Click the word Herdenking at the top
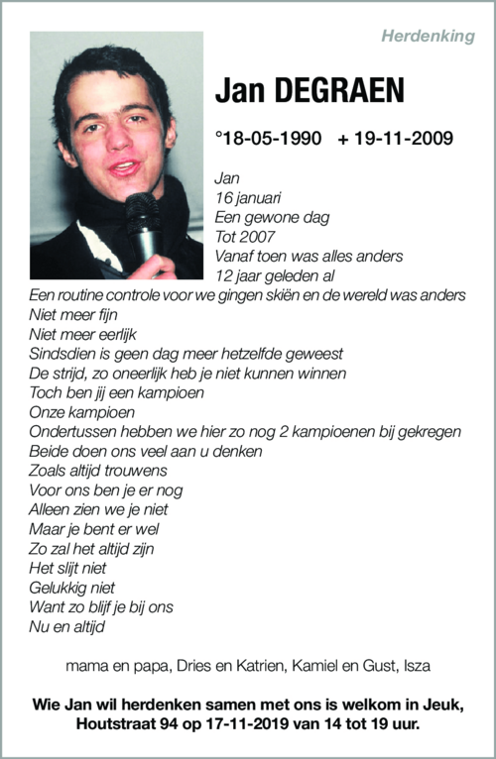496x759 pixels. (428, 36)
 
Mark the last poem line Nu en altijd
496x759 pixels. (66, 626)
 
